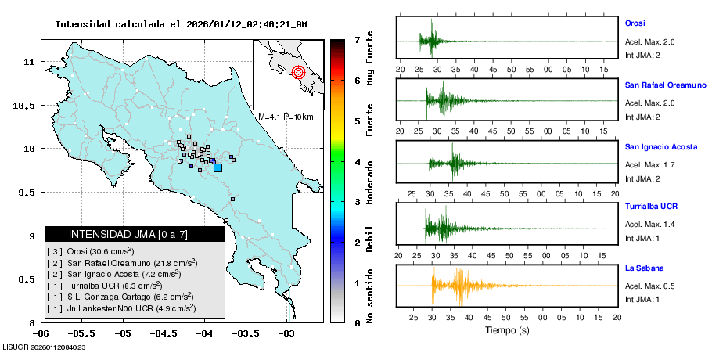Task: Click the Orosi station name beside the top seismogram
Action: [x=635, y=23]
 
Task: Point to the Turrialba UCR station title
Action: [x=651, y=207]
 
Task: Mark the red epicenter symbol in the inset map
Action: [x=298, y=74]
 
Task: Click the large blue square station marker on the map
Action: [x=218, y=167]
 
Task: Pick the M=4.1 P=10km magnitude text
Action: [x=286, y=117]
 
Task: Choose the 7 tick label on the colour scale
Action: [x=357, y=39]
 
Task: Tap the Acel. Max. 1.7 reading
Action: [x=649, y=164]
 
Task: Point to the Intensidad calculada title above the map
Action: [x=181, y=23]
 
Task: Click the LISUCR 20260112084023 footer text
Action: [x=44, y=347]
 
